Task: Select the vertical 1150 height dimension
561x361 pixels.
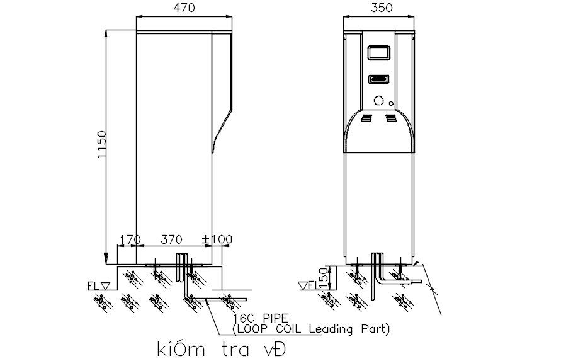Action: click(x=102, y=145)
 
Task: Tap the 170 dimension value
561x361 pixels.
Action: click(x=129, y=239)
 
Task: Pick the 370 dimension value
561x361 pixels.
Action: click(x=171, y=239)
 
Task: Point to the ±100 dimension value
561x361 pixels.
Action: click(x=217, y=239)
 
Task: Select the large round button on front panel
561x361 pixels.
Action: click(x=379, y=100)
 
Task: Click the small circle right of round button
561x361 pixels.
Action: click(x=392, y=103)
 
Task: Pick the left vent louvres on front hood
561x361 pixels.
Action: click(x=367, y=118)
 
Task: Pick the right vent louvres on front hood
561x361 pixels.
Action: click(x=391, y=118)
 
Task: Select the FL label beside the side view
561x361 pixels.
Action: click(x=94, y=285)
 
